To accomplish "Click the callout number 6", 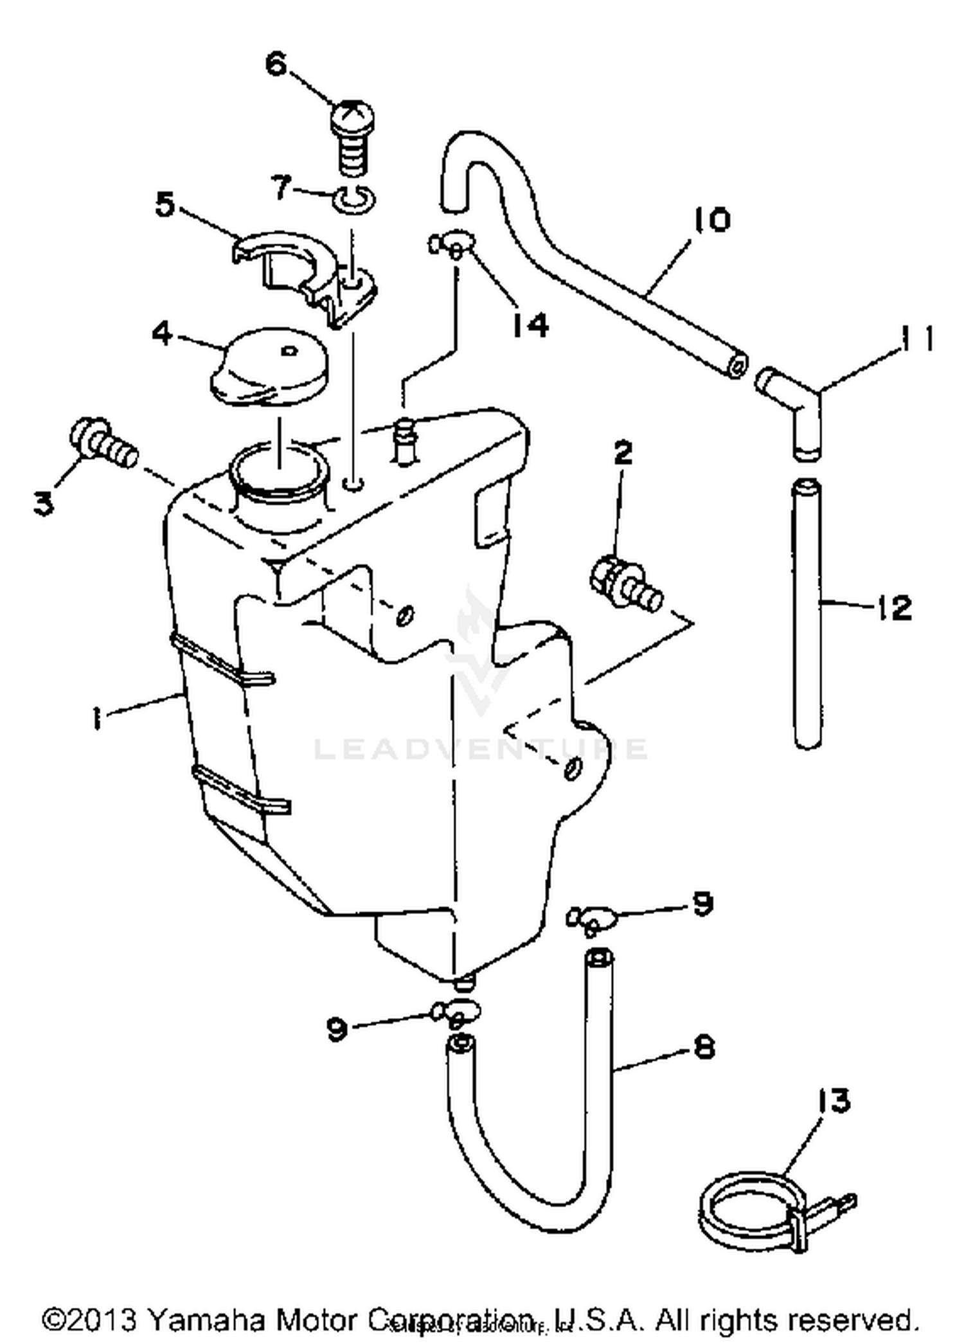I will click(276, 64).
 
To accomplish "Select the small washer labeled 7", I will click(354, 198).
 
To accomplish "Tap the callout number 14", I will click(531, 325).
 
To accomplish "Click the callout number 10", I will click(711, 220).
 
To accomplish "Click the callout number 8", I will click(704, 1048).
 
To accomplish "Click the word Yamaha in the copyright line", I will click(206, 1320).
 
